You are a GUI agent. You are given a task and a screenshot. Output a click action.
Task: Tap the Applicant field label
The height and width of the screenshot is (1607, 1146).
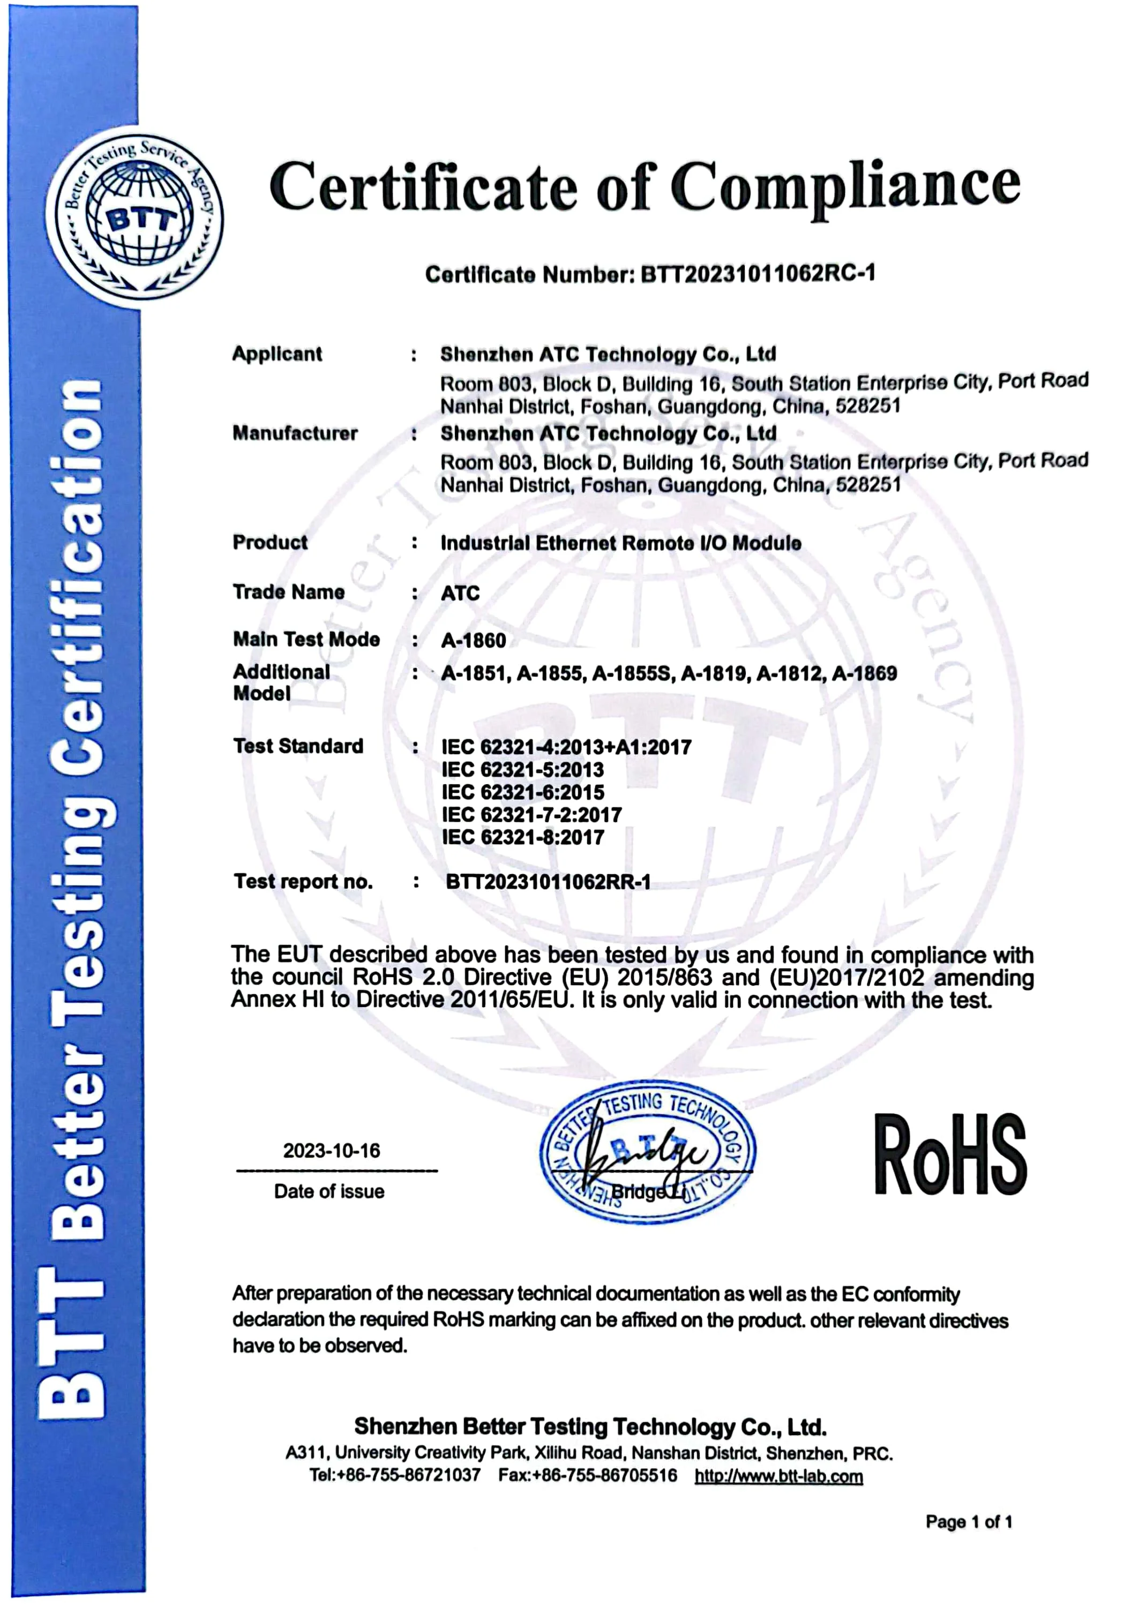pos(278,354)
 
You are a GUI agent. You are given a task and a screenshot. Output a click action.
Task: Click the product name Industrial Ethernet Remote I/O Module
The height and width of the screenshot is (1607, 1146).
pos(620,543)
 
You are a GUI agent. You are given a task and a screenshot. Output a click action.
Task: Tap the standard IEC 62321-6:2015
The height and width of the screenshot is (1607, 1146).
pos(523,792)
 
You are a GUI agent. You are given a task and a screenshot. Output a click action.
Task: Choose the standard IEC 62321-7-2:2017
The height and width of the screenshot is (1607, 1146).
pos(531,815)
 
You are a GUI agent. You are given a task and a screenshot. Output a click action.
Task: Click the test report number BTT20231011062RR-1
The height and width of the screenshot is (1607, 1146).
pos(548,882)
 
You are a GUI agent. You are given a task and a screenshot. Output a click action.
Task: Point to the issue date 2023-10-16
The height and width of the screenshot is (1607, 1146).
pos(332,1151)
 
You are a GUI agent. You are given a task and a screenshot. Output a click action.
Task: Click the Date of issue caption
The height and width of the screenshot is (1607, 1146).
pos(329,1191)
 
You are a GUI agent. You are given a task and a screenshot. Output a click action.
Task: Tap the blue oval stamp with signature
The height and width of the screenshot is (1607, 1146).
pos(647,1153)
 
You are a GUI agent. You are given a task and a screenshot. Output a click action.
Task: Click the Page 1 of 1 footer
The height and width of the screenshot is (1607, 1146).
pos(968,1522)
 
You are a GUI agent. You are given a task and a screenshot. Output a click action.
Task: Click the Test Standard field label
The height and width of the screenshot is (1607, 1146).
pos(298,746)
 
